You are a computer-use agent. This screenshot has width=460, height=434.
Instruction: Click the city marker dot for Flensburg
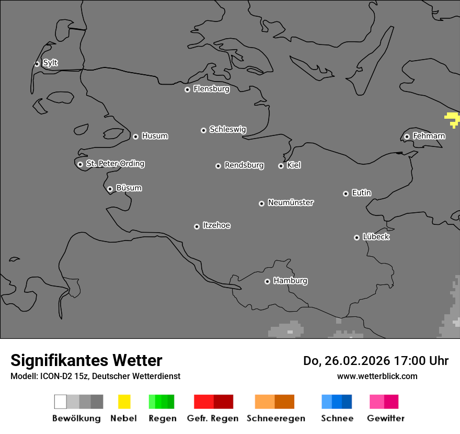pos(187,89)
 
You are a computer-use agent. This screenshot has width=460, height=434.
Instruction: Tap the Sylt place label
pos(50,63)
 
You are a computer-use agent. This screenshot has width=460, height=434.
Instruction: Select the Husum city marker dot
pos(135,136)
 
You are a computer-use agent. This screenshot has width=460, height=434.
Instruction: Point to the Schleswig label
pos(227,129)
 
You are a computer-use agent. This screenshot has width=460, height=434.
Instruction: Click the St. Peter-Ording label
pos(115,164)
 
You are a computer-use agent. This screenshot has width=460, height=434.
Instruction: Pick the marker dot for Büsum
pos(110,189)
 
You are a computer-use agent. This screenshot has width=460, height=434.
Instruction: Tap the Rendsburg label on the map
pos(244,165)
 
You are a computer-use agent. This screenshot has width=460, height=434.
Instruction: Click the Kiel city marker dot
pos(281,166)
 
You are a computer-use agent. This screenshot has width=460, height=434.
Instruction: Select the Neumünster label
pos(291,202)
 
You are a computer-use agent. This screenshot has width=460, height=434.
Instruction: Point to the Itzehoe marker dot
pos(197,226)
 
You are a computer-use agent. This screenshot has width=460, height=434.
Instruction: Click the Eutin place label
pos(361,193)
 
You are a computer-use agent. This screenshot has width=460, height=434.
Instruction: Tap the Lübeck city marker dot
pos(356,237)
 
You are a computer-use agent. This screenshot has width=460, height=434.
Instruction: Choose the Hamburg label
pos(290,281)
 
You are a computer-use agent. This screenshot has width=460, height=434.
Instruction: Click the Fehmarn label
pos(429,136)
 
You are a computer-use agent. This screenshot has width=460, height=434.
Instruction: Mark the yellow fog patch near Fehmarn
pos(452,119)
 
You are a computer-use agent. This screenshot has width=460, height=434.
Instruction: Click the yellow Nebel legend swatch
pos(124,402)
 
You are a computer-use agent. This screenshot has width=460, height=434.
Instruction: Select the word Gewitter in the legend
pos(386,418)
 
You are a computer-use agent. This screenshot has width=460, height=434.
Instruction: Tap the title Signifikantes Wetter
pos(86,360)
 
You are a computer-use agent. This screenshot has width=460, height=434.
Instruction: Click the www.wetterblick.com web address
pos(377,376)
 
